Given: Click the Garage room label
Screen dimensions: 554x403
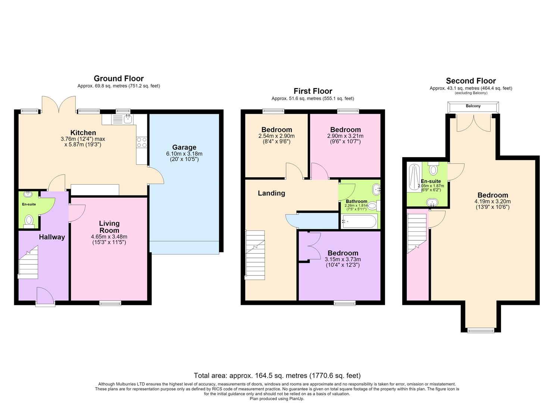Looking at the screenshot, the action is coord(184,147).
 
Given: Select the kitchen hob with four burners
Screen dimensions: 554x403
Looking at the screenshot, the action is coord(142,143).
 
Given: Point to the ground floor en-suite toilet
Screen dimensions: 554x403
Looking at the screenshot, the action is coord(29,221).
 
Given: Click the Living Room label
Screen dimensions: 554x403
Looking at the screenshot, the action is coord(109,227).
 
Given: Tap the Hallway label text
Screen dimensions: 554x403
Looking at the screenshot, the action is coord(52,237).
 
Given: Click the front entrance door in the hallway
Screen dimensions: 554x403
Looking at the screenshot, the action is coord(45,296).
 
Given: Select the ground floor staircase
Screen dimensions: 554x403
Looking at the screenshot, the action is coord(28,262).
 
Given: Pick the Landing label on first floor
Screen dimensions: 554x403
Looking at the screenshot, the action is coord(272,193).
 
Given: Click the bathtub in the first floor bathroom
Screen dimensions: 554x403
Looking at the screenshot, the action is coord(359,221).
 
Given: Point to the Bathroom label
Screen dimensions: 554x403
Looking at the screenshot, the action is coord(356,201).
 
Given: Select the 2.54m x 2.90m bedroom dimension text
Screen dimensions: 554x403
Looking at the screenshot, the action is coord(276,136).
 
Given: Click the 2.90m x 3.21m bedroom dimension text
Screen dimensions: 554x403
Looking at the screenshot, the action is coord(345,136).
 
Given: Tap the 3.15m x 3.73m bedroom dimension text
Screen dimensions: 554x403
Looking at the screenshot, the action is coord(343,259).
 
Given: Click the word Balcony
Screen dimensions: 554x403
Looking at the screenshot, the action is coord(473,106).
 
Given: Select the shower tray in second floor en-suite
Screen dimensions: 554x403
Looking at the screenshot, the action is coord(414,177).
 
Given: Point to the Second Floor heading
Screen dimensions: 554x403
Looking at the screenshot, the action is coord(471,81).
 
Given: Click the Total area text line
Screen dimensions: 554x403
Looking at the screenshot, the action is coord(277,375).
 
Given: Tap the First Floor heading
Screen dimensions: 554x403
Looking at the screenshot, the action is coord(313,91).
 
